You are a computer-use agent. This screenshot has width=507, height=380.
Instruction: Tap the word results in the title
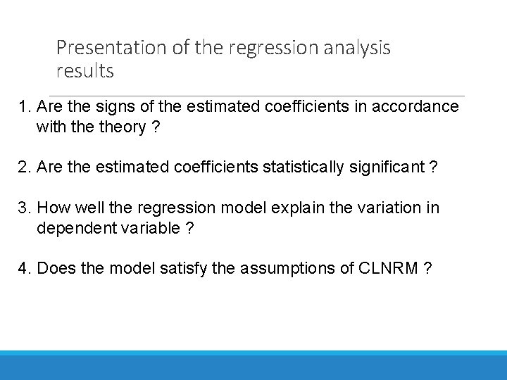pyautogui.click(x=84, y=71)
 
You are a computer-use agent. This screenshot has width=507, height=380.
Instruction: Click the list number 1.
pyautogui.click(x=25, y=107)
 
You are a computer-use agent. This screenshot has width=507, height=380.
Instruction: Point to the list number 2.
pyautogui.click(x=25, y=167)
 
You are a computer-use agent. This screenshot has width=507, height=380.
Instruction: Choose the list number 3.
pyautogui.click(x=25, y=208)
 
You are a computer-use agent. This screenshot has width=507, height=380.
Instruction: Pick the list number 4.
pyautogui.click(x=25, y=269)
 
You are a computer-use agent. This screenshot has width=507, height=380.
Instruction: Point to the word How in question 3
pyautogui.click(x=52, y=208)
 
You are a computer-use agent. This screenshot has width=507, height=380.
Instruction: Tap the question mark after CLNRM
pyautogui.click(x=428, y=269)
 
